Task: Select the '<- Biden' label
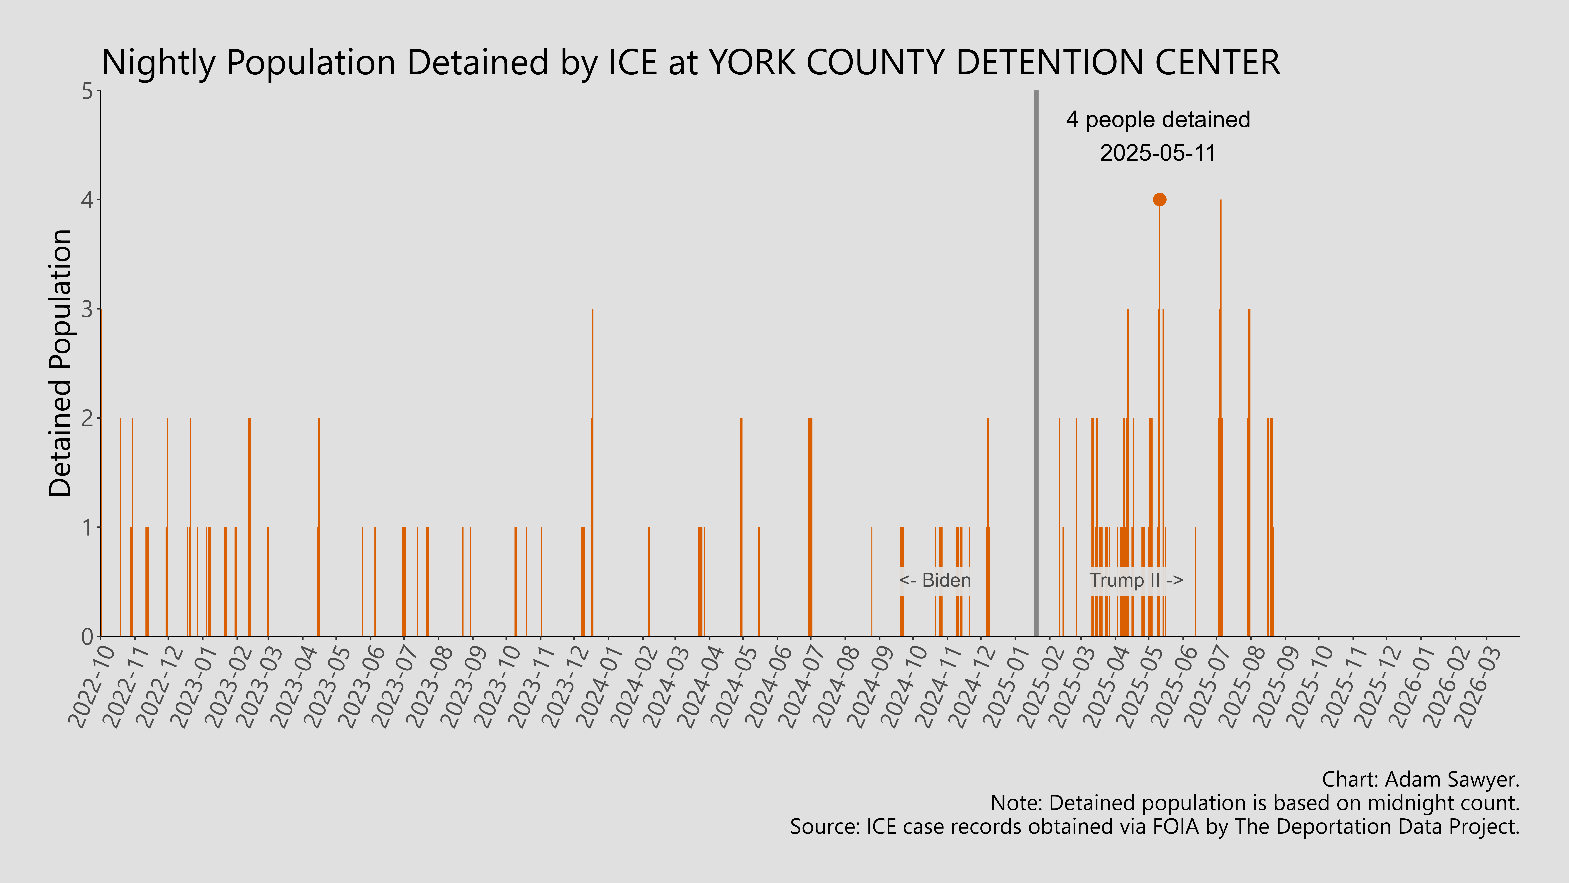coord(935,580)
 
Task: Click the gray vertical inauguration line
coord(1036,366)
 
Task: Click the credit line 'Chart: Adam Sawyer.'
coord(1420,779)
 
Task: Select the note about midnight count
coord(1255,803)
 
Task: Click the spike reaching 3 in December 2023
coord(593,366)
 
